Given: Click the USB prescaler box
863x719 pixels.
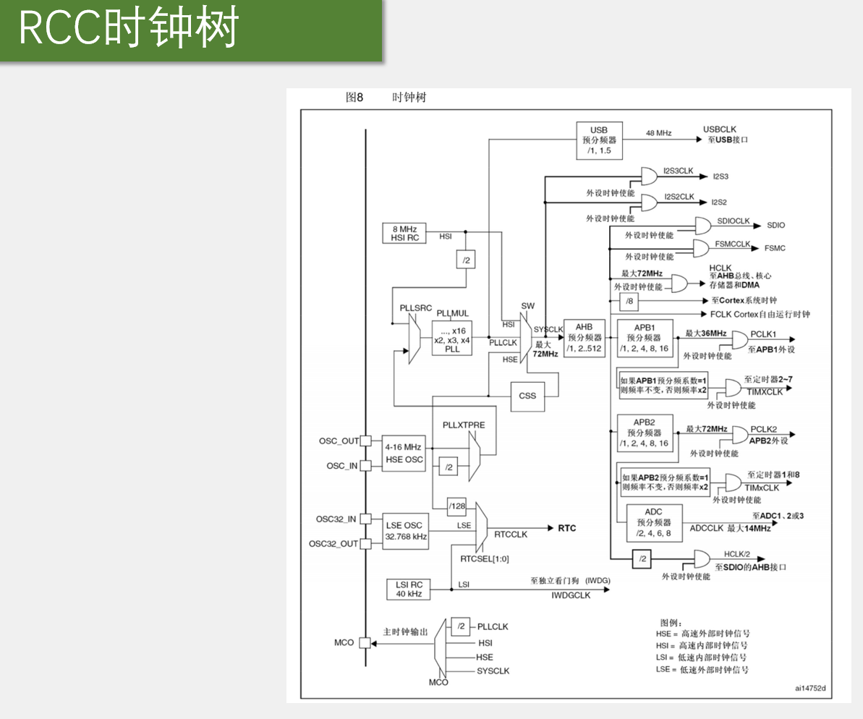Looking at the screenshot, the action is [x=600, y=140].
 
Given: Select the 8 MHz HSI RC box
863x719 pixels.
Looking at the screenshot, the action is [x=404, y=234].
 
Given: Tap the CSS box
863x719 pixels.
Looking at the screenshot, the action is [x=527, y=396].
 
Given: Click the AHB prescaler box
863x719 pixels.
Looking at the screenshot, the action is [x=584, y=338].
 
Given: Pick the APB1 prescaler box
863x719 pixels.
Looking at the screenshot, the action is [x=645, y=338].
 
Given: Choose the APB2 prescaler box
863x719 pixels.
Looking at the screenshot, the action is [x=645, y=433].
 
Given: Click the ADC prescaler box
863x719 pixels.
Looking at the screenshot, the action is [x=654, y=523].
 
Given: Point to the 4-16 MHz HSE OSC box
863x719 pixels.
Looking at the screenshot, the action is [x=404, y=453].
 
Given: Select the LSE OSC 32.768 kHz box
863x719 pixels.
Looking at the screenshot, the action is [x=406, y=531].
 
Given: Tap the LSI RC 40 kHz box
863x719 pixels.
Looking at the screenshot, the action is [x=409, y=589].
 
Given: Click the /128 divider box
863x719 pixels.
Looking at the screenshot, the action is [x=456, y=506].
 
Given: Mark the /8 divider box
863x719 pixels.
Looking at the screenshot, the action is [x=629, y=301].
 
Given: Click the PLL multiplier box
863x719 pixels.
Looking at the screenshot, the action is [x=452, y=338].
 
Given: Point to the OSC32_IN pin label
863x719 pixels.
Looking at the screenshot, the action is [x=336, y=519].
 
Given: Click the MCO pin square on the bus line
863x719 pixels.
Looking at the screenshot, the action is [x=365, y=642].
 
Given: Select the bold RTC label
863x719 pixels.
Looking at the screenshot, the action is [x=567, y=529].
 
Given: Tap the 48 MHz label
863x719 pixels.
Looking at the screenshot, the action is [x=659, y=133].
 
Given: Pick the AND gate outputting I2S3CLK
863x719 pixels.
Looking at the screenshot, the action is [x=650, y=176].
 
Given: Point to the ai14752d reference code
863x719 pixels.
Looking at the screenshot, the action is [x=810, y=688].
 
